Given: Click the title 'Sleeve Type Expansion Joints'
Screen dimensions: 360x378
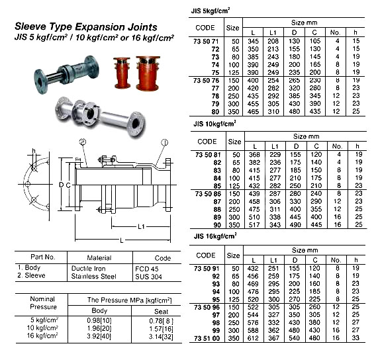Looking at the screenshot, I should (x=86, y=27).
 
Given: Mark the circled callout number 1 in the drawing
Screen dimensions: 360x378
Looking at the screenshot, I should (x=163, y=143).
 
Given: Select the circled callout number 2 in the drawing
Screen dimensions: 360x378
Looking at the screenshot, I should (x=82, y=143).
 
